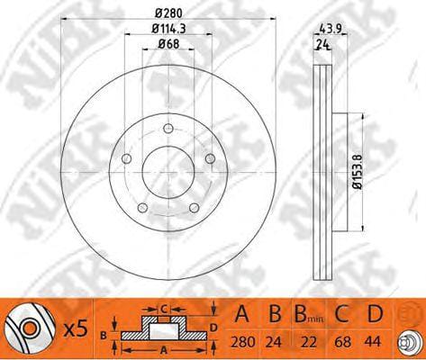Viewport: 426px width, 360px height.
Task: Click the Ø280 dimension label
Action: click(x=168, y=13)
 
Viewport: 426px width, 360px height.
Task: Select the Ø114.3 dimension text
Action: click(x=168, y=29)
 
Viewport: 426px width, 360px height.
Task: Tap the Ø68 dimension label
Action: click(x=168, y=44)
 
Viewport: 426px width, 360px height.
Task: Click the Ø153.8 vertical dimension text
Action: click(x=358, y=172)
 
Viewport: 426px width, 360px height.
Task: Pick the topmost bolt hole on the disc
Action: click(x=168, y=129)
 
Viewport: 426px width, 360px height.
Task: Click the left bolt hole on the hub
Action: click(x=126, y=158)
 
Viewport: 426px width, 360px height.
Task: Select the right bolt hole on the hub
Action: click(x=211, y=158)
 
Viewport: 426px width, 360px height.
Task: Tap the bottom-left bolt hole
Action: click(x=142, y=208)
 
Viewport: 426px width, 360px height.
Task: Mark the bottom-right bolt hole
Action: click(x=195, y=208)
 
